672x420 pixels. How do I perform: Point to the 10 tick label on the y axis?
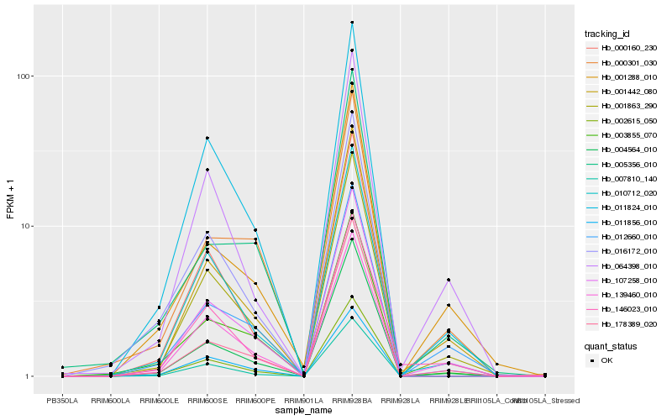click(26, 227)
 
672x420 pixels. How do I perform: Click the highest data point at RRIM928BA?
click(352, 23)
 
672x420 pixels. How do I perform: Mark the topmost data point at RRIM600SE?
click(207, 138)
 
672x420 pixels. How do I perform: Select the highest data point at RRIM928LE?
click(449, 280)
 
